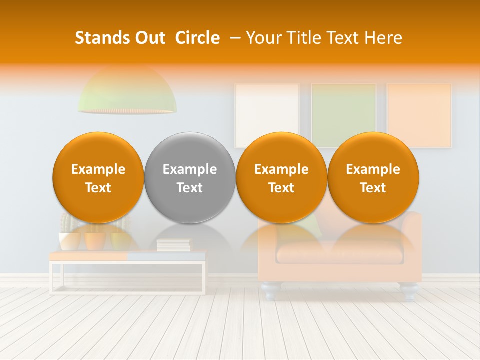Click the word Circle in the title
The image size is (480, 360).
click(x=197, y=38)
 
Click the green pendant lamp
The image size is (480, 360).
click(x=127, y=95)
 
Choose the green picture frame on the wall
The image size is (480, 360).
click(x=344, y=112)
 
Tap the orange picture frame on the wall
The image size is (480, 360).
click(x=419, y=112)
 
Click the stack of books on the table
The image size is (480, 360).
click(x=174, y=245)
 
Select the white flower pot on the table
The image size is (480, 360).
click(x=70, y=241)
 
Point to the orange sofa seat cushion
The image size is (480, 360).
click(x=340, y=252)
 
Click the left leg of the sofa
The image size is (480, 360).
click(x=270, y=291)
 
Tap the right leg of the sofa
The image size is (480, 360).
click(x=409, y=291)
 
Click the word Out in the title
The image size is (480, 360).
click(x=151, y=38)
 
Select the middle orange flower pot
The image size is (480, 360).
click(x=95, y=241)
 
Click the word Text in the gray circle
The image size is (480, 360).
click(x=190, y=188)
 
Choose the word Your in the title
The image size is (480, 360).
click(x=261, y=38)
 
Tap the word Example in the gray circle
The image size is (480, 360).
click(x=190, y=169)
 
